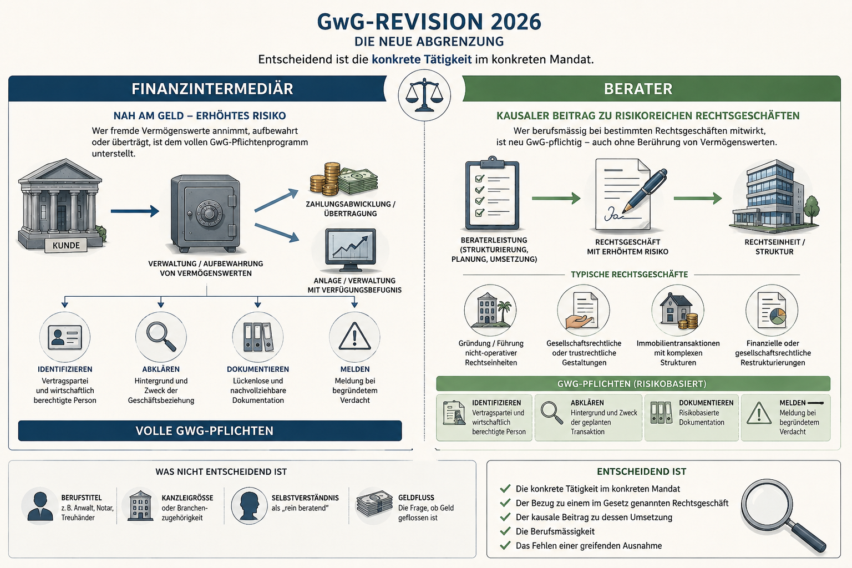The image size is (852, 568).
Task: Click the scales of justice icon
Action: pos(424,95)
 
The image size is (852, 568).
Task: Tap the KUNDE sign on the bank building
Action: pos(66,245)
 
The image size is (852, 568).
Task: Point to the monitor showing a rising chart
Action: pos(351,249)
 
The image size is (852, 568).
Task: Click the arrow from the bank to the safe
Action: pos(135,211)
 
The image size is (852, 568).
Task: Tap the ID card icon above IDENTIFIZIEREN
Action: pos(65,337)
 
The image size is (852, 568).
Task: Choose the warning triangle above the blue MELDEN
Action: pos(354,336)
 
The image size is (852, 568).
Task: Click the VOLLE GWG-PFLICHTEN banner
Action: pos(210,430)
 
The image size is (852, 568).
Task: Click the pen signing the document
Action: pos(645,190)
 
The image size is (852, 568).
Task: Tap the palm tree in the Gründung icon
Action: pos(504,310)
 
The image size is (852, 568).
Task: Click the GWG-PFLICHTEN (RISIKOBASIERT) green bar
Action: pos(633,383)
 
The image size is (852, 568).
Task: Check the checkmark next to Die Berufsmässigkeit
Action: pos(505,531)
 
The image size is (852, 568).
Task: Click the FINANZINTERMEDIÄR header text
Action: pos(212,89)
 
